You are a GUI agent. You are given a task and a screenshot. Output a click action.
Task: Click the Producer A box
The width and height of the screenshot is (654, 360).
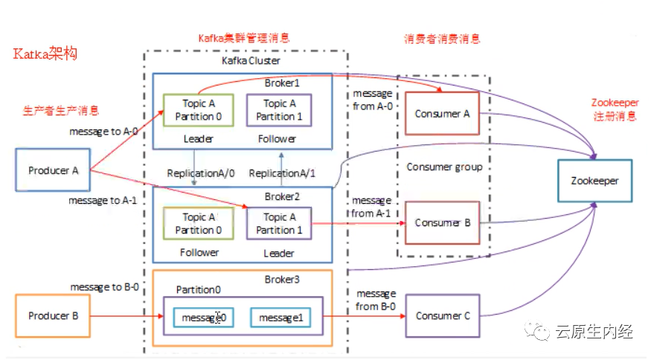coord(54,170)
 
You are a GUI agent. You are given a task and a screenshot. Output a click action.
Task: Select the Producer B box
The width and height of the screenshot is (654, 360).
coord(54,316)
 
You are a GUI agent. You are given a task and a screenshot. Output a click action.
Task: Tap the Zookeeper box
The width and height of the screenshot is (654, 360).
coord(594,181)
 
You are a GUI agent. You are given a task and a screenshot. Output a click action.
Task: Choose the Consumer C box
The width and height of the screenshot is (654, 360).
coord(443,316)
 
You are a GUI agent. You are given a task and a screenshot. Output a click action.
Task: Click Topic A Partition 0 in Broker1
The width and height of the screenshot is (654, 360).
coord(198,110)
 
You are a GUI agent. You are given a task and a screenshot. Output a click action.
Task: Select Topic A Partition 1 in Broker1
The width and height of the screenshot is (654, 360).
coord(279,110)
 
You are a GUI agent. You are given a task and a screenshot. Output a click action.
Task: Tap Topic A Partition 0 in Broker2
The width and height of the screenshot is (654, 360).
coord(198,224)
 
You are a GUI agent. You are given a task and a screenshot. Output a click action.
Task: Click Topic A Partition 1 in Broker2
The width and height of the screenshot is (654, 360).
coord(279,224)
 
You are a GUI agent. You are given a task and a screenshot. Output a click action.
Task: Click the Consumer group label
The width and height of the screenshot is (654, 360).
coord(444,167)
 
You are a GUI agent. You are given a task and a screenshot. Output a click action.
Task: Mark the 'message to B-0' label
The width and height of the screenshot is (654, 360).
coord(105,286)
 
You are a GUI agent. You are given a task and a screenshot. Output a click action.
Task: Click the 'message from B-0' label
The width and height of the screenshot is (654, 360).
coord(376,300)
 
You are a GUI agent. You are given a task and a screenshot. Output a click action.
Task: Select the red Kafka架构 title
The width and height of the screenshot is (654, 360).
coord(45,55)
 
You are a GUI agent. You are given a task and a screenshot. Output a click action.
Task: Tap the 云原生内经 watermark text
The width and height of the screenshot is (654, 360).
coord(594,332)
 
